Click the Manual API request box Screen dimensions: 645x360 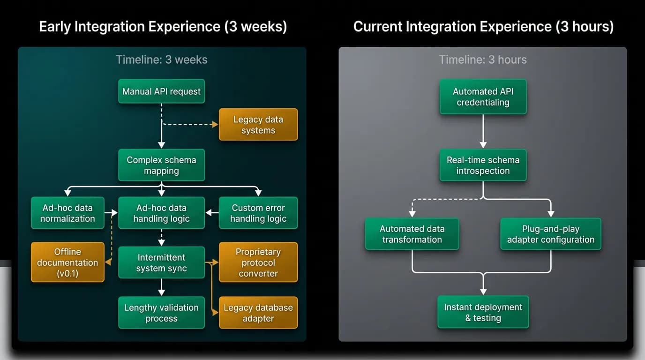click(162, 91)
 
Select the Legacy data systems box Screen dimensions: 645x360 click(258, 124)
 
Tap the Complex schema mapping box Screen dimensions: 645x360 click(162, 165)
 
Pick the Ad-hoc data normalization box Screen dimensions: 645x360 click(67, 213)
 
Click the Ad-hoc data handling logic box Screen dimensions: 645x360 click(162, 213)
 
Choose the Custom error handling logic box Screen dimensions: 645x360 click(258, 213)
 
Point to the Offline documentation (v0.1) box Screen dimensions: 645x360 click(67, 262)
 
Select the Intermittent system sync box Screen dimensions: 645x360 click(162, 262)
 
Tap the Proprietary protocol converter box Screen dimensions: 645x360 click(258, 262)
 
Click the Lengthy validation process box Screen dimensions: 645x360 click(162, 313)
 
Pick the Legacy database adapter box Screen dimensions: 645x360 click(258, 313)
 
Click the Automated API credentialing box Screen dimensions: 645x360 click(483, 97)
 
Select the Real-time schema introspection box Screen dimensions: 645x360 click(483, 165)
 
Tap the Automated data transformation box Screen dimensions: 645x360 click(412, 234)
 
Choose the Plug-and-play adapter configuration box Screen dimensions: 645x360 click(551, 234)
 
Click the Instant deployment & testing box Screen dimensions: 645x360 click(483, 312)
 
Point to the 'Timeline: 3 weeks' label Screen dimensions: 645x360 click(162, 60)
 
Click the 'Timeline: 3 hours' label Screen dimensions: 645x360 click(483, 60)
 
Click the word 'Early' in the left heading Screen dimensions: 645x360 click(55, 27)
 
